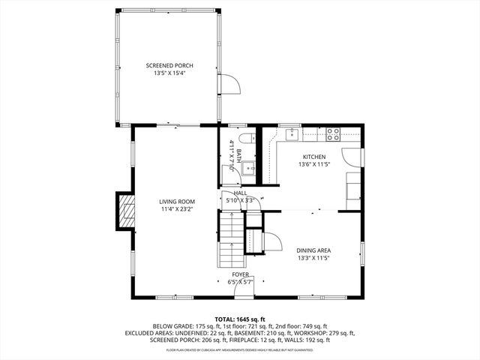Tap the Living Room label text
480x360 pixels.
177,202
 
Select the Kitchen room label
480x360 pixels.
313,157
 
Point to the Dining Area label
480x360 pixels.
314,250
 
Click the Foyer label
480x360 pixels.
241,275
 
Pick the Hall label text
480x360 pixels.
240,193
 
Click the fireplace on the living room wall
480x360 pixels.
125,212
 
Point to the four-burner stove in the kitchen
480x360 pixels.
333,135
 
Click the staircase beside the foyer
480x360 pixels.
232,240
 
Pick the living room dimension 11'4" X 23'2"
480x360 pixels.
177,209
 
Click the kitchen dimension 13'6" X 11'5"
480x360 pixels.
313,164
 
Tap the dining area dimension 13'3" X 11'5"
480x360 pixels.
314,258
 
